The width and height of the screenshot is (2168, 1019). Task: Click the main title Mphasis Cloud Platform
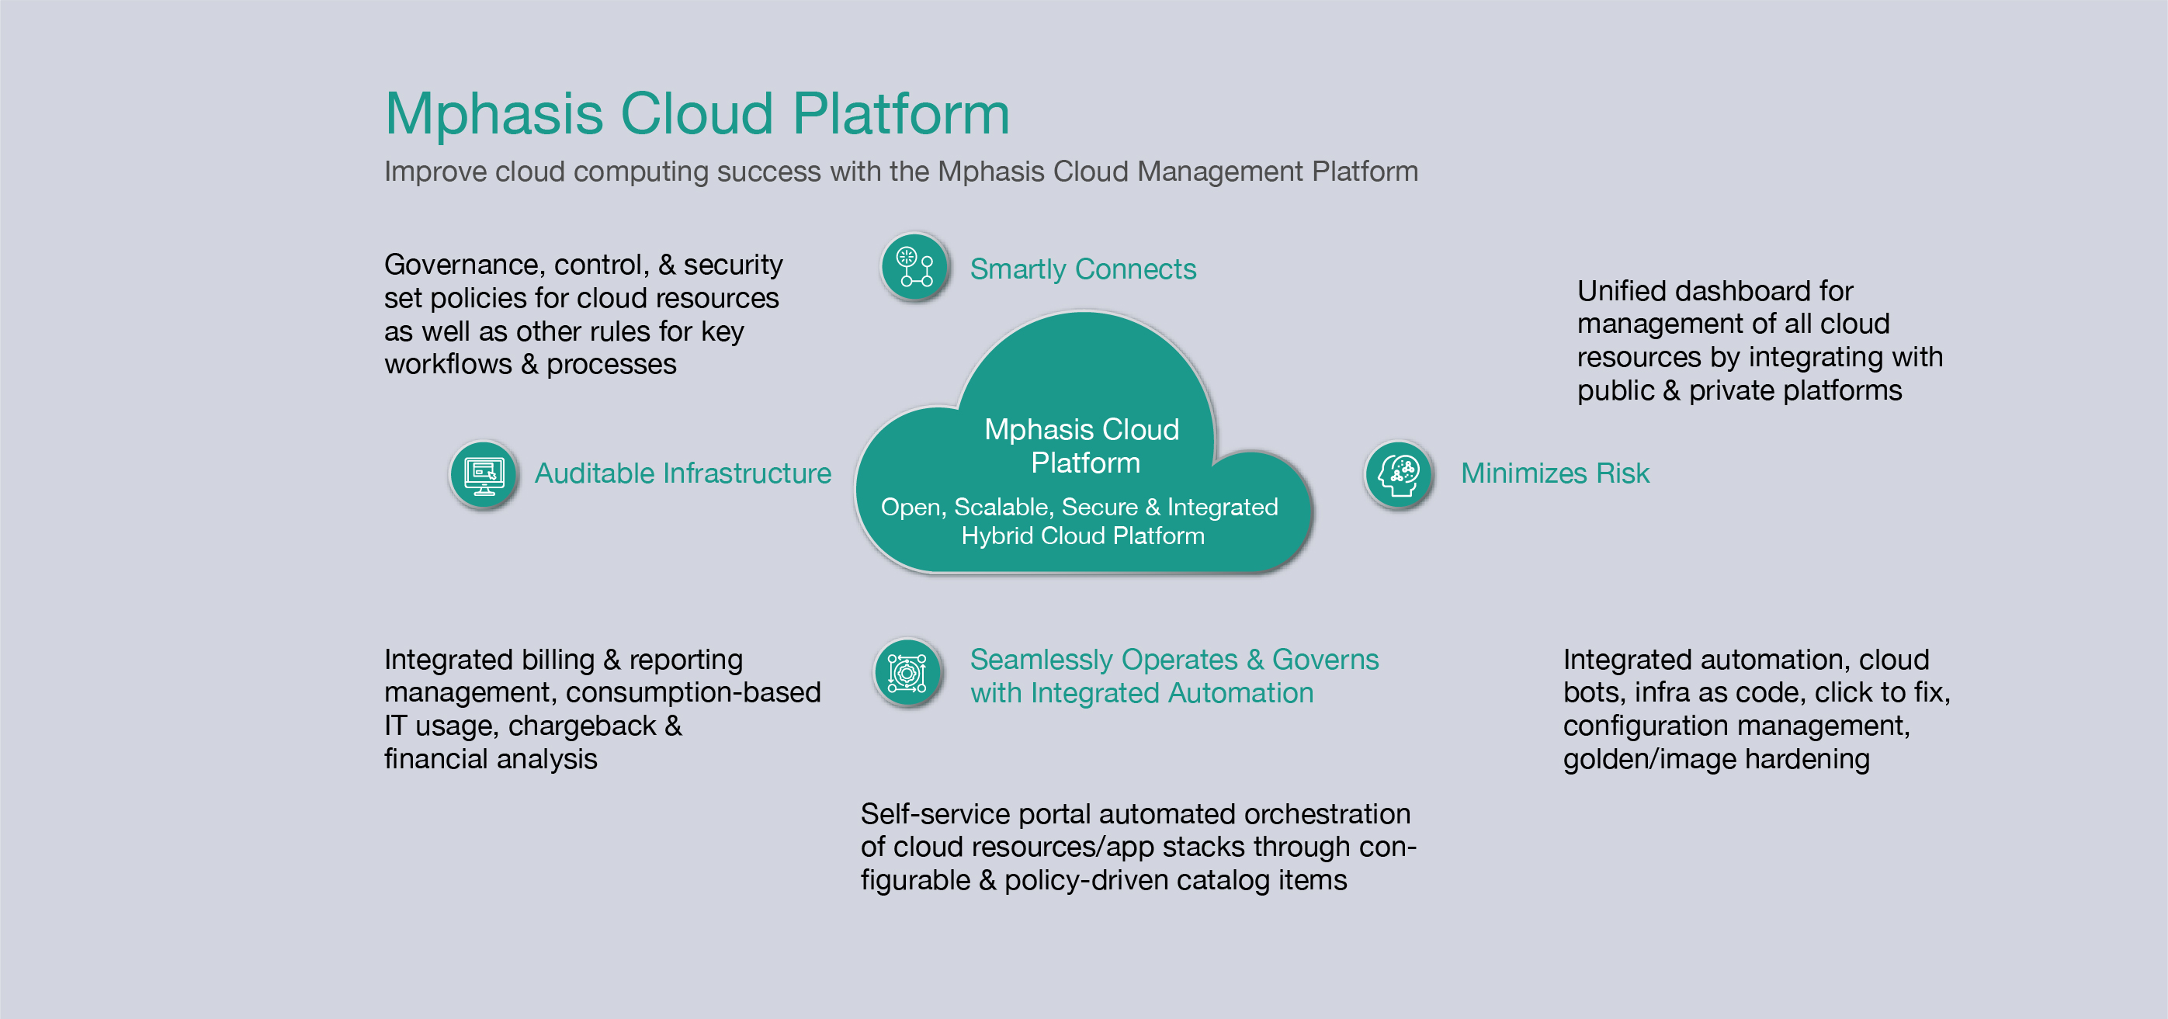tap(697, 113)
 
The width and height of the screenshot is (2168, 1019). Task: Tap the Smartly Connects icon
tap(915, 267)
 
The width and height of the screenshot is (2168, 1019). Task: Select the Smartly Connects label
tap(1082, 269)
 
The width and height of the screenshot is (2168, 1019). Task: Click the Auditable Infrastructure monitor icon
tap(484, 476)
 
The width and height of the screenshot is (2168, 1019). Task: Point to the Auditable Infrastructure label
tap(682, 473)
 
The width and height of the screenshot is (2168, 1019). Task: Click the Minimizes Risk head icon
tap(1398, 476)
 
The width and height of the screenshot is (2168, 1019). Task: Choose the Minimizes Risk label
tap(1555, 473)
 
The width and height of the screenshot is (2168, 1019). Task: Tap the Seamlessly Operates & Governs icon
tap(907, 673)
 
